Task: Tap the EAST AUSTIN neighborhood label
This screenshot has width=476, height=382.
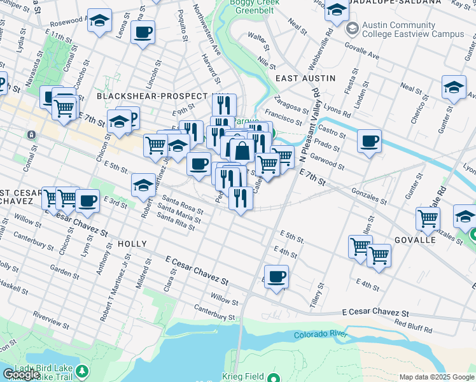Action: [305, 78]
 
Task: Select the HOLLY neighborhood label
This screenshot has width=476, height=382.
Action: [132, 244]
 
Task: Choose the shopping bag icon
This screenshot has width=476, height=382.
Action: [242, 152]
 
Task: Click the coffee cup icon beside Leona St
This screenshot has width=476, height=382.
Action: [143, 31]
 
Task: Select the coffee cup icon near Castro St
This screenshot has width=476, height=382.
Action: [368, 141]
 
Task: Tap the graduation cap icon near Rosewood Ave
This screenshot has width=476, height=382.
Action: [99, 20]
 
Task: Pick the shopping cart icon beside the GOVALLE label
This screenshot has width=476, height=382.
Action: [428, 218]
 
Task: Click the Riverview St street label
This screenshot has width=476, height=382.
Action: [49, 315]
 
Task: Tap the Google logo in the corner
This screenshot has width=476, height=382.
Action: [21, 374]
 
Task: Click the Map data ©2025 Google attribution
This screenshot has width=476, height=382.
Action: [436, 377]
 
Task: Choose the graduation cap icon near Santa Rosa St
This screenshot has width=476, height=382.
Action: [144, 185]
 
